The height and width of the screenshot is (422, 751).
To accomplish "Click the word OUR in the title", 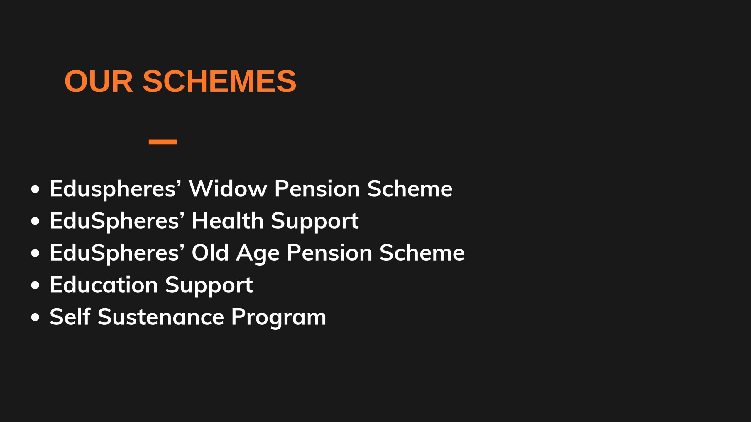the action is click(99, 81).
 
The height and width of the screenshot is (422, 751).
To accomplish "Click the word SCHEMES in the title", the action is click(219, 81).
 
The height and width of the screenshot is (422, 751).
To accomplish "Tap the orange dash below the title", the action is click(163, 142).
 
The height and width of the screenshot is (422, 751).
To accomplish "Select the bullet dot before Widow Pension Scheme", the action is click(35, 189).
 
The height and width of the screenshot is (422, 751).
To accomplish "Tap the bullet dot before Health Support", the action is click(35, 222).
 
